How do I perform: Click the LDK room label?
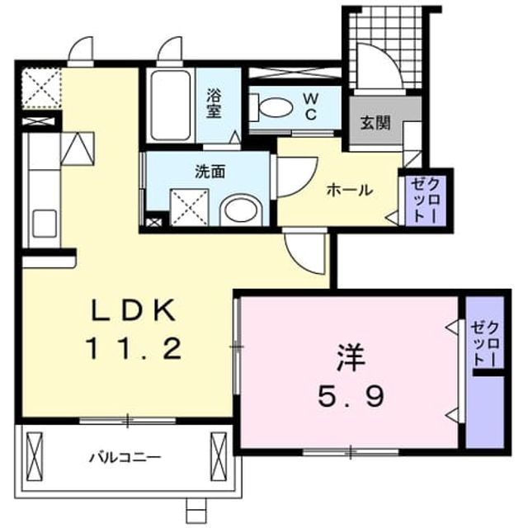pyautogui.click(x=134, y=310)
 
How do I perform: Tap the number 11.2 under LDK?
pyautogui.click(x=134, y=348)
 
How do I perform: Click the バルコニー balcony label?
pyautogui.click(x=125, y=458)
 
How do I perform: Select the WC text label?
pyautogui.click(x=310, y=106)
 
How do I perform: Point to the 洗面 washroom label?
pyautogui.click(x=210, y=172)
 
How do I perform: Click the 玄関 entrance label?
pyautogui.click(x=375, y=123)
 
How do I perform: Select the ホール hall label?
pyautogui.click(x=350, y=191)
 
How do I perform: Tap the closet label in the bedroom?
pyautogui.click(x=485, y=343)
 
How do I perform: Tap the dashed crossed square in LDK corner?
pyautogui.click(x=42, y=88)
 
